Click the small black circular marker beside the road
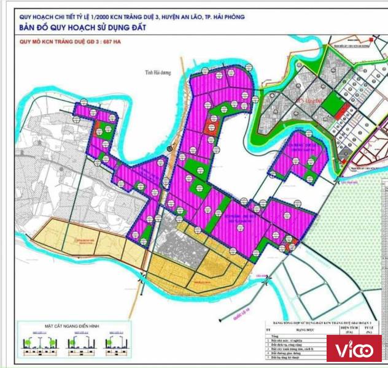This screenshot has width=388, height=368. pyautogui.click(x=170, y=148)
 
